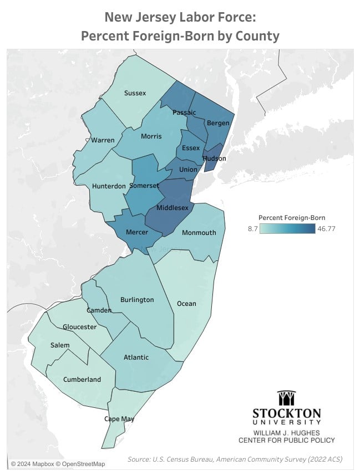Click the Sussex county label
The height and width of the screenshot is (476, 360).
pos(135,93)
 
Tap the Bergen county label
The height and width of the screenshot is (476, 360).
pos(217,123)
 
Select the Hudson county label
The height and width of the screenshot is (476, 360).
pos(215,158)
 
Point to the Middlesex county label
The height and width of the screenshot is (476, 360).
pos(173,207)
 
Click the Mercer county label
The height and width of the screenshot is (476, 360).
pos(136,232)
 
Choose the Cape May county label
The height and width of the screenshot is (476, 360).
pos(119,419)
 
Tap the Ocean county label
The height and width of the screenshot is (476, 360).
pos(186,304)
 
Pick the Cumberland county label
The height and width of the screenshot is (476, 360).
pos(82,380)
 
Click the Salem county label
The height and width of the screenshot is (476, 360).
pos(60,345)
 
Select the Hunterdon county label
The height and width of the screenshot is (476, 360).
pos(108,186)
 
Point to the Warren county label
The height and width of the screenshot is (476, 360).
pos(103,140)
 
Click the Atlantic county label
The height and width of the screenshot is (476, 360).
pos(136,357)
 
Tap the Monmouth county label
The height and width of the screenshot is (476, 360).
pos(199,232)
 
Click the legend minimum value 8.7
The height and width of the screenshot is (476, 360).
pos(251,228)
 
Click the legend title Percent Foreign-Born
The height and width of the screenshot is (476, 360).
pos(292,217)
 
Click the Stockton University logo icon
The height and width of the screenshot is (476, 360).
pos(286,398)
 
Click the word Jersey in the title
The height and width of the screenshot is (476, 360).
pos(155,18)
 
